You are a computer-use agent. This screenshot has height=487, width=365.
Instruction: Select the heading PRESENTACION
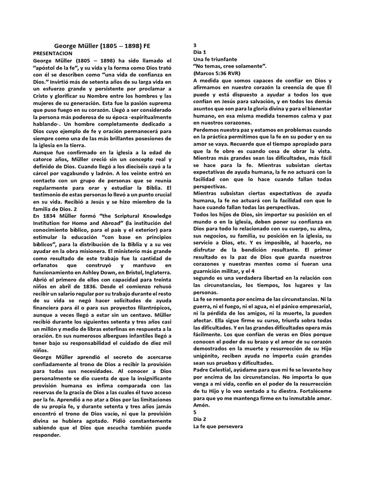point(52,54)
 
